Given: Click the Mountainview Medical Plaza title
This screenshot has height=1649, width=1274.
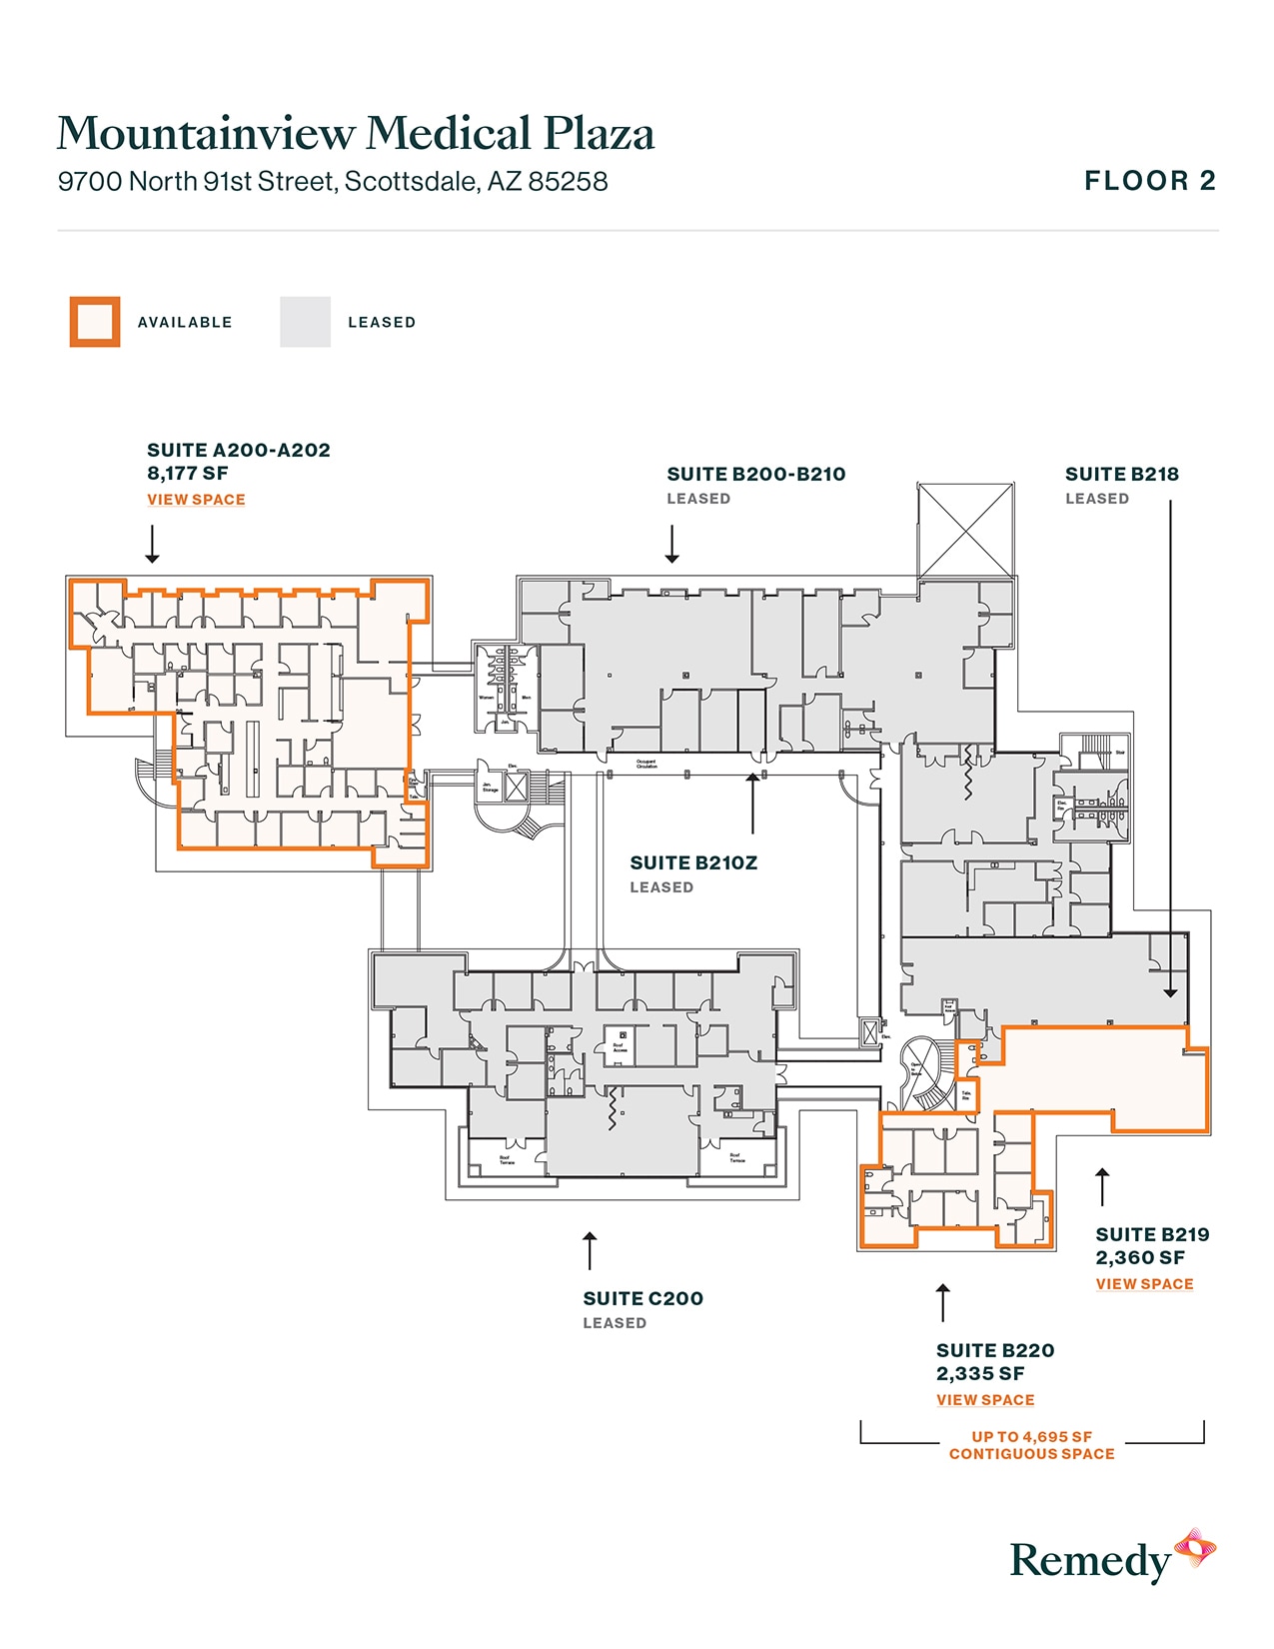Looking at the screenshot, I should pyautogui.click(x=356, y=134).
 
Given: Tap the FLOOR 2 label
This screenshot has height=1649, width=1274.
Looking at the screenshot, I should pyautogui.click(x=1150, y=181).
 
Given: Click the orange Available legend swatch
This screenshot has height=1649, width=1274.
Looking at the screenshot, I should pyautogui.click(x=95, y=322).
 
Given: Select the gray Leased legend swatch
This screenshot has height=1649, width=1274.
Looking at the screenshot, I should pyautogui.click(x=305, y=322).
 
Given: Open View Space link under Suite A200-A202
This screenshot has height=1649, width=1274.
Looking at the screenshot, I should pyautogui.click(x=196, y=500).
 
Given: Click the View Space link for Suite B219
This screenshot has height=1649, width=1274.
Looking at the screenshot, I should pyautogui.click(x=1144, y=1284).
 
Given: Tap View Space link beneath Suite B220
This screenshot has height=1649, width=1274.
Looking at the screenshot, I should pyautogui.click(x=985, y=1400).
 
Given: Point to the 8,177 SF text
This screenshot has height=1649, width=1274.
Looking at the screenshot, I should pyautogui.click(x=188, y=474).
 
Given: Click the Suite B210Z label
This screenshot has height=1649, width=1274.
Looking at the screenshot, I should pyautogui.click(x=693, y=863).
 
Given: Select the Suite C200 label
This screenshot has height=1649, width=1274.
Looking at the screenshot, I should pyautogui.click(x=642, y=1299).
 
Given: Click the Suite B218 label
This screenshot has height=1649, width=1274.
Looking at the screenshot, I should pyautogui.click(x=1121, y=475).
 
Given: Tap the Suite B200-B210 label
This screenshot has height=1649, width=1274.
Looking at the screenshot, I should pyautogui.click(x=755, y=475).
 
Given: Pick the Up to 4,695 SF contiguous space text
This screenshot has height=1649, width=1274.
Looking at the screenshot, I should pyautogui.click(x=1031, y=1445).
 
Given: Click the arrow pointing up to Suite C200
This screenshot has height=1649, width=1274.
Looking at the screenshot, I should pyautogui.click(x=591, y=1250).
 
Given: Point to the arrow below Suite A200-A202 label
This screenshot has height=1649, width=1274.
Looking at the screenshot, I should pyautogui.click(x=152, y=544).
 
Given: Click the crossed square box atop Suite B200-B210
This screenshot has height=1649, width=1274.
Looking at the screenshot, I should pyautogui.click(x=965, y=531).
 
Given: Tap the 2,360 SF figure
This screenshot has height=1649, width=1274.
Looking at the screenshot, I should pyautogui.click(x=1140, y=1258).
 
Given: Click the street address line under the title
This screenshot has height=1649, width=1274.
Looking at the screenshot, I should pyautogui.click(x=333, y=182).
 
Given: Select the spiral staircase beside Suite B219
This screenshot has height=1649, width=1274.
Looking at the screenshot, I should pyautogui.click(x=927, y=1077).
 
